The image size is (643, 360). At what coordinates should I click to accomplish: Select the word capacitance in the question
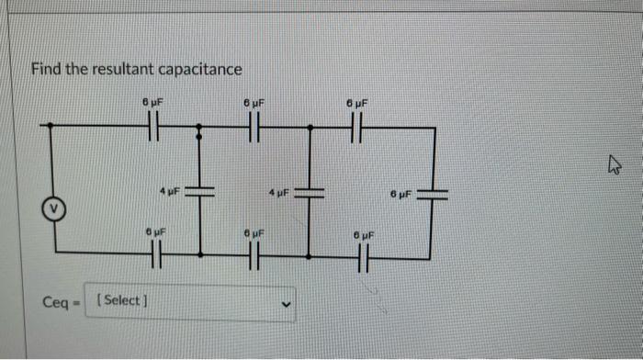200,69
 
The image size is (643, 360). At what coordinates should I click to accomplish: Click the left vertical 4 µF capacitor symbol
200,192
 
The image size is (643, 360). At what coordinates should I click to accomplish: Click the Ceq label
57,302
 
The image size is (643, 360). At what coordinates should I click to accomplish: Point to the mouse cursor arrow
614,165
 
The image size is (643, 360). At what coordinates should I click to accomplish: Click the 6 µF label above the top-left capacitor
152,104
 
